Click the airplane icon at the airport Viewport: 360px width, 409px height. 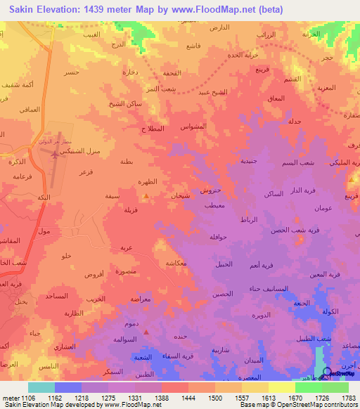point(55,150)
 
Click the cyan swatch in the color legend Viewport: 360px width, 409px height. point(41,387)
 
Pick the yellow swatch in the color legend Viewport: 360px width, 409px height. point(282,387)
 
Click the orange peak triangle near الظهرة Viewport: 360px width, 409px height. point(146,196)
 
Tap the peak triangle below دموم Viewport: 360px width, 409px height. point(146,332)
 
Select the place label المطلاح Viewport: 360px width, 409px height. point(153,129)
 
